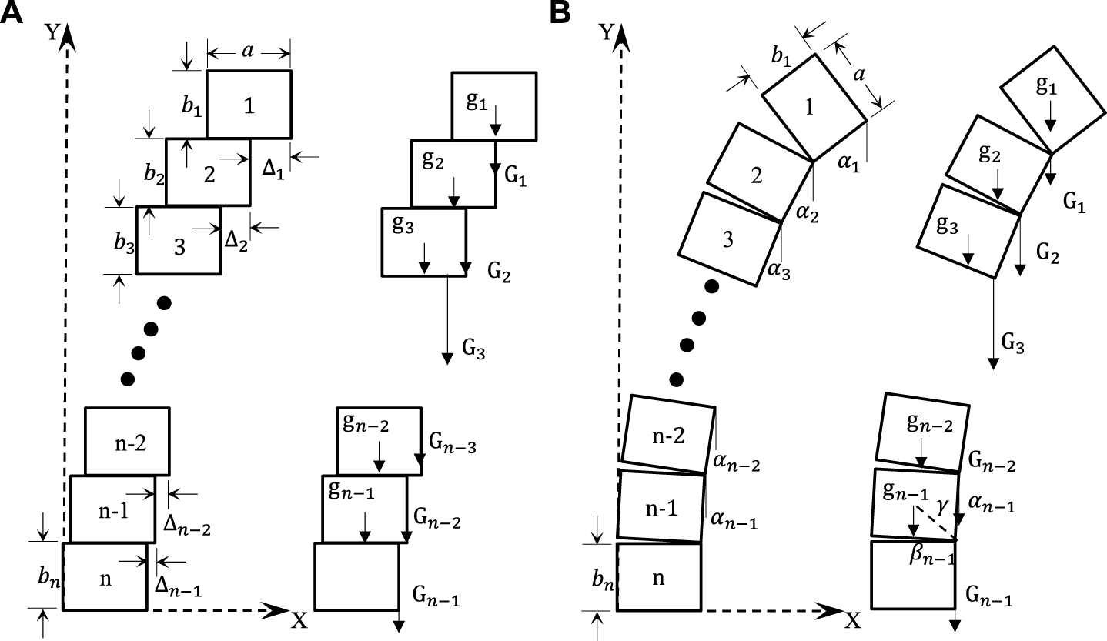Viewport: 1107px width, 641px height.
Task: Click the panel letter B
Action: coord(560,13)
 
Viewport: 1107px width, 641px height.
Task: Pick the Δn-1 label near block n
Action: coord(180,587)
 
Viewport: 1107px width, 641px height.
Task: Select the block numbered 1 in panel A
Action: coord(249,105)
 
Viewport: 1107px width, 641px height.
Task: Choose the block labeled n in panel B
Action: coord(659,578)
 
